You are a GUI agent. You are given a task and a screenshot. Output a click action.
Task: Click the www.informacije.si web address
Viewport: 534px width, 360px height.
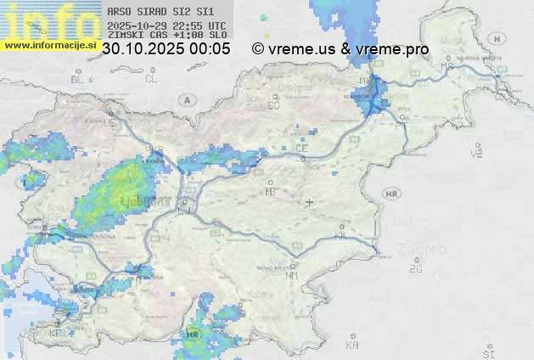tap(50, 45)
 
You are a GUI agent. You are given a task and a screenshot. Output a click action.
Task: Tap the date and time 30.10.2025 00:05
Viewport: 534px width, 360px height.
tap(166, 49)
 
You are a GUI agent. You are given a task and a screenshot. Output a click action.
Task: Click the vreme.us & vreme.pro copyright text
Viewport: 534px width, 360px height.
tap(340, 49)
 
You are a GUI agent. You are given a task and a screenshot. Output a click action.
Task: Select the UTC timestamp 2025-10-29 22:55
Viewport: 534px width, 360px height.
tap(166, 25)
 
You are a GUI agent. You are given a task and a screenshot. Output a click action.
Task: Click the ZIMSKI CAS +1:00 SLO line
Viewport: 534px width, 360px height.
tap(166, 36)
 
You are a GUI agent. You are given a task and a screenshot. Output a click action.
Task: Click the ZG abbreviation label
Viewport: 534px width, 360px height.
tap(415, 270)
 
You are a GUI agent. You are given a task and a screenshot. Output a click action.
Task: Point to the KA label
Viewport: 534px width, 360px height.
tap(352, 345)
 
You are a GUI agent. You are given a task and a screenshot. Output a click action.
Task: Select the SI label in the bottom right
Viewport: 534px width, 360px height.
tap(487, 351)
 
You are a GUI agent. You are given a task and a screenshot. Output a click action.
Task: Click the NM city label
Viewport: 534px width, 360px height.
tap(293, 275)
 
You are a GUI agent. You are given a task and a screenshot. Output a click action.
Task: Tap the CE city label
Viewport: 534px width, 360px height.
tap(301, 148)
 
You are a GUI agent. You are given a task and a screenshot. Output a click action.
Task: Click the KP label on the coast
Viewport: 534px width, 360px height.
tap(56, 334)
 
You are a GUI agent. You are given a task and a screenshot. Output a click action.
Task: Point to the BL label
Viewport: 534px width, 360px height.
tap(78, 79)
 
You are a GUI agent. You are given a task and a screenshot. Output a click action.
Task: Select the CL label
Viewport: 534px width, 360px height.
tap(151, 79)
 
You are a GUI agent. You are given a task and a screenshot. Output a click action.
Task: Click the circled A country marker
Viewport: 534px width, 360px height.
tap(185, 100)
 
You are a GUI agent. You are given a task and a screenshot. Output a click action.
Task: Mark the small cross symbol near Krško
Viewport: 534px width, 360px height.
tap(310, 202)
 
